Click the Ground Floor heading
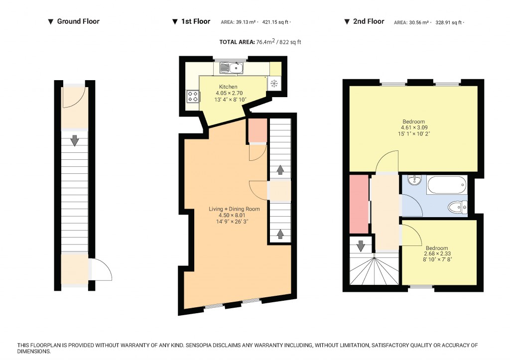(78, 21)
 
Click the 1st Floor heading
(195, 21)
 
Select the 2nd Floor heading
(369, 21)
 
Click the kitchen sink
(232, 67)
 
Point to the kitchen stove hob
(193, 96)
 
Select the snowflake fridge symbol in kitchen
(274, 83)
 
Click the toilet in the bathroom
(458, 206)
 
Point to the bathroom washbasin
(415, 180)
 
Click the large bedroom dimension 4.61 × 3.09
(414, 127)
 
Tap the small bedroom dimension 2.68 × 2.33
(436, 254)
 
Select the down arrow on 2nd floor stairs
(360, 245)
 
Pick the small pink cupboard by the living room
(257, 130)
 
